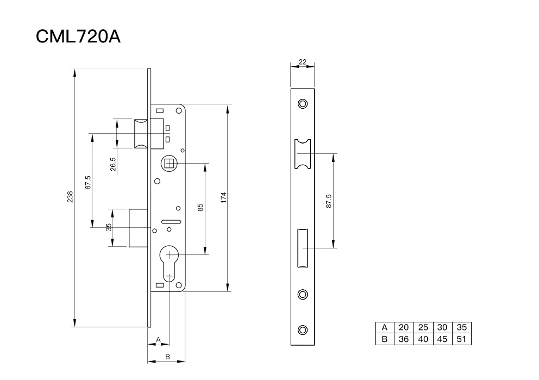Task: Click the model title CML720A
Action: [78, 36]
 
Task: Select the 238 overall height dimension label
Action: [70, 197]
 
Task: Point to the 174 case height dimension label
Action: [223, 197]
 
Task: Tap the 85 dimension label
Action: [200, 208]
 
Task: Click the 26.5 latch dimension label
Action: [113, 165]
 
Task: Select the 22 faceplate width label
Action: [303, 62]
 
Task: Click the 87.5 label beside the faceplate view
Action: [329, 201]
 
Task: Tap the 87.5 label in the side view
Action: [88, 182]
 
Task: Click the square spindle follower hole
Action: [168, 163]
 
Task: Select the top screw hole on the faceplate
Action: [303, 103]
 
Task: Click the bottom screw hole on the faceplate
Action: [303, 329]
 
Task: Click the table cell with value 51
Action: [462, 339]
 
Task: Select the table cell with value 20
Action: [404, 327]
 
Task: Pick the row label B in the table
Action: [385, 339]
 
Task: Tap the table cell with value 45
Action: [442, 339]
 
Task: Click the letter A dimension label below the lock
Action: [158, 339]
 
